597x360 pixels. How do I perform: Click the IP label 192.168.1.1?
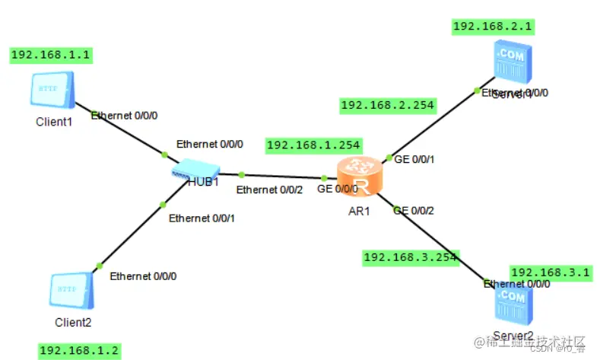point(50,55)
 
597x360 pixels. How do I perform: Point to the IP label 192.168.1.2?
point(79,350)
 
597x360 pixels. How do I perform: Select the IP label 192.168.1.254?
point(313,145)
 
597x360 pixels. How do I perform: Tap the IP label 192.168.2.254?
point(387,105)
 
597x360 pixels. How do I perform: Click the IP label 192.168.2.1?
point(492,27)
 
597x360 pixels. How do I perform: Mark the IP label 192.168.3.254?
point(411,257)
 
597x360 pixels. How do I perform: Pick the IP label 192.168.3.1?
point(549,272)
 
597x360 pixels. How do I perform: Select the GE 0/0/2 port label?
point(414,210)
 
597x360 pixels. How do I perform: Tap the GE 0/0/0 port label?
point(338,188)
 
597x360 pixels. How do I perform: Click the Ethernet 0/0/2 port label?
point(270,190)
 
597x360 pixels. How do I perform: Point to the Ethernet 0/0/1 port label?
point(202,218)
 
